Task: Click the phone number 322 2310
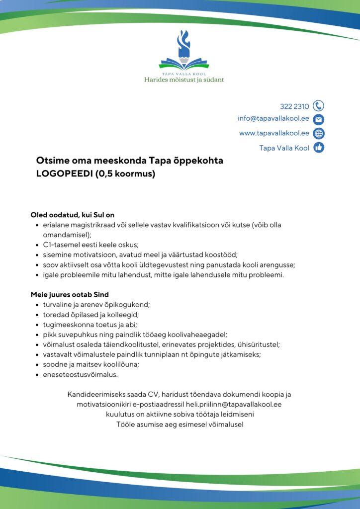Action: tap(294, 106)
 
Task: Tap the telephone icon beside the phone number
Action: tap(319, 106)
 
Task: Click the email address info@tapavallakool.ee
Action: tap(273, 119)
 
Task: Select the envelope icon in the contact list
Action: tap(319, 119)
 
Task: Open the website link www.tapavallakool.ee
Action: tap(274, 133)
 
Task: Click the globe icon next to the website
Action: tap(319, 133)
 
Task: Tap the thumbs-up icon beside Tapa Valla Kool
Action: tap(319, 148)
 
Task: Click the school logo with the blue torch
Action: tap(184, 50)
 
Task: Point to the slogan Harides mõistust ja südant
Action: tap(184, 80)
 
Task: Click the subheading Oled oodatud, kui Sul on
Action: tap(73, 215)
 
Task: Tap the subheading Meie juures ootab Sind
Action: tap(70, 295)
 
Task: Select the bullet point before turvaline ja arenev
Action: tap(38, 305)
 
